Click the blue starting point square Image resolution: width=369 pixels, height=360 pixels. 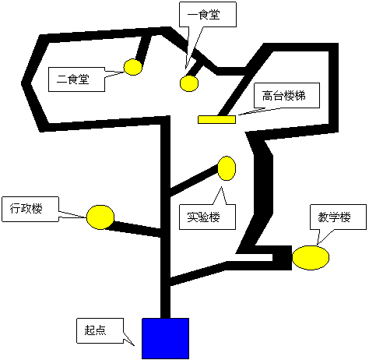tap(165, 338)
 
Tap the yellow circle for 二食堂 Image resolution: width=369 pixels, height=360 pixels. tap(133, 67)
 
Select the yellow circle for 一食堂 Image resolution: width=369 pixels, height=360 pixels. tap(189, 83)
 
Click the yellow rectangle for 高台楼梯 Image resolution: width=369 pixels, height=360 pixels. tap(216, 119)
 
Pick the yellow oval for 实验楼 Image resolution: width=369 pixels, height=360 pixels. tap(227, 168)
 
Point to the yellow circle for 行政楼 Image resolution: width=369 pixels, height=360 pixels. tap(100, 217)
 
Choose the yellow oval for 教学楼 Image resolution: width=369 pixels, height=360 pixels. tap(311, 257)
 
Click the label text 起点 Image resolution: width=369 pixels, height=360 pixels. tap(95, 330)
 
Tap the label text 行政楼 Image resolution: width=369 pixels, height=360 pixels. tap(26, 209)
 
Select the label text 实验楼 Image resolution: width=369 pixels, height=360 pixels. tap(203, 217)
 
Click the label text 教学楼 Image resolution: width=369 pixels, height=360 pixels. tap(334, 217)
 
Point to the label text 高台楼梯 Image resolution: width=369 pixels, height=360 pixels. tap(283, 95)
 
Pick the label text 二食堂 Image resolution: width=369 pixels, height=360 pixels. tap(73, 79)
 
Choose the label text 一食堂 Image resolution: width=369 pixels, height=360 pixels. tap(204, 14)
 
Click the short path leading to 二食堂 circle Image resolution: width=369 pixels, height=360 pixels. tap(142, 48)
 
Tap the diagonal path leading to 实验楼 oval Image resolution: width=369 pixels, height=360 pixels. tap(194, 180)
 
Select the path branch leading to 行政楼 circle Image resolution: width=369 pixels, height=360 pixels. tap(135, 228)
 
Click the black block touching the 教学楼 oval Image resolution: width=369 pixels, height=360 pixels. tap(283, 258)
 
